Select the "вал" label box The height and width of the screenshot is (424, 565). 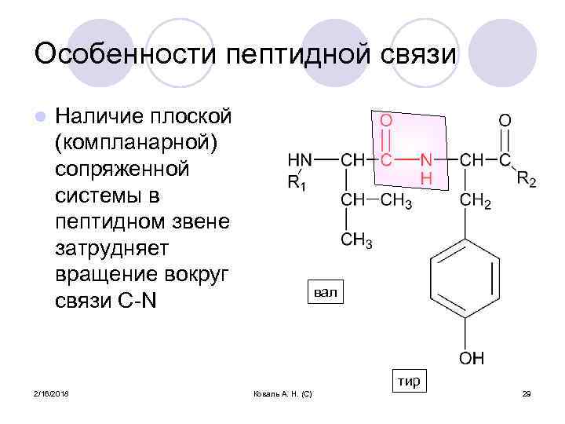coord(324,293)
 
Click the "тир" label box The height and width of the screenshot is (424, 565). coord(408,382)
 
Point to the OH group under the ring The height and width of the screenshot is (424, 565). coord(471,358)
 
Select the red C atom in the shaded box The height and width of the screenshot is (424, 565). coord(386,159)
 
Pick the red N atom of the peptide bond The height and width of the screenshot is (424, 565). coord(426,159)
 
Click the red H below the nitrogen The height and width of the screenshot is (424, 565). coord(426,179)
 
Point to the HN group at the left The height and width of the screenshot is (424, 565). coord(299,159)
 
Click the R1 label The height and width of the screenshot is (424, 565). coord(298,184)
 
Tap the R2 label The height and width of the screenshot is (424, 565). coord(527,179)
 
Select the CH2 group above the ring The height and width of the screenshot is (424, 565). coord(476,202)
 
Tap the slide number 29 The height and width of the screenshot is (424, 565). coord(527,393)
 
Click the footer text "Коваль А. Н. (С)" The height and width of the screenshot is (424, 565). coord(283,393)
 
